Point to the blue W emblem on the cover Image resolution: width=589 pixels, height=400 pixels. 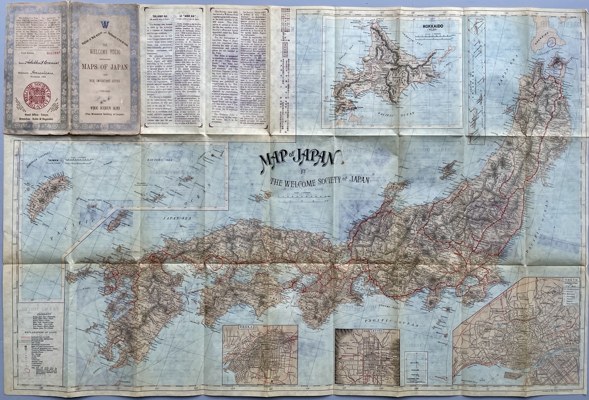tap(105, 24)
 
